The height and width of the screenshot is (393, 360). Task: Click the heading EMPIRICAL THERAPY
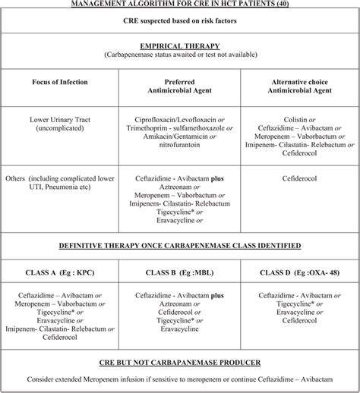click(180, 45)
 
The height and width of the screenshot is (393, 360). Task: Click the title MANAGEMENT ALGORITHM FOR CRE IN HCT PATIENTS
click(180, 5)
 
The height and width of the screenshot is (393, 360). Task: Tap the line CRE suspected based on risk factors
click(180, 20)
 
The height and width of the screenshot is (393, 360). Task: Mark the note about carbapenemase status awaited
click(180, 55)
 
